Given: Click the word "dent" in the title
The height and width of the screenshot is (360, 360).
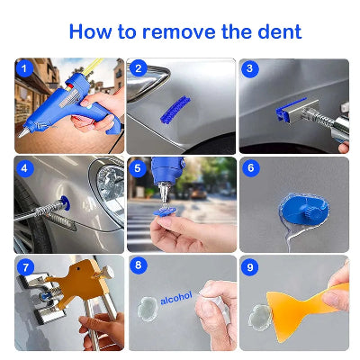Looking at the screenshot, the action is coord(280,31).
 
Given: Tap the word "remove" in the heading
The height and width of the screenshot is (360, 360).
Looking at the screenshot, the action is coord(179,31).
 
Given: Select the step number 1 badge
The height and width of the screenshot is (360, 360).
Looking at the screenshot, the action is coord(24,68).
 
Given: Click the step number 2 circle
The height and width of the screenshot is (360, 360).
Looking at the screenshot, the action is coord(138,68).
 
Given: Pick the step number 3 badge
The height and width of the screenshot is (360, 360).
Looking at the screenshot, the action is coord(250,68).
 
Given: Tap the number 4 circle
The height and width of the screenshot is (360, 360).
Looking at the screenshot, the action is coord(24,168).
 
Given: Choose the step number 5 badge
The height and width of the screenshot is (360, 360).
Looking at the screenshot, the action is coord(138,168).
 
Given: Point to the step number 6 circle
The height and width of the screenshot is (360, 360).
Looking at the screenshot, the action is coord(251,168).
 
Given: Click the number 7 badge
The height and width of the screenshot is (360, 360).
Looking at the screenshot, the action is coord(25,267).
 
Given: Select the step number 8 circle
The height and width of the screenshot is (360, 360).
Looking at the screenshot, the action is coord(139,265).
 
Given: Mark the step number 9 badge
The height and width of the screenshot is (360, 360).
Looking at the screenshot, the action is coord(250,266).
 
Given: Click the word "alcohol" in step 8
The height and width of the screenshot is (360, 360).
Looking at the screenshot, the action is coord(176,298).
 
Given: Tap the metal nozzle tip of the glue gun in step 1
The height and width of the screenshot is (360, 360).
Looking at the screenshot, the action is coord(23,133).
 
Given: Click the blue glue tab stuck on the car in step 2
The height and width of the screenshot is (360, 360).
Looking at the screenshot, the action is coord(175,110).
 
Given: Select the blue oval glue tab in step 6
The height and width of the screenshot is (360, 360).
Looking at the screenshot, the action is coord(302,208).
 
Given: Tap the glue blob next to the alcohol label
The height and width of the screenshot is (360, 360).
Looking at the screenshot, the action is coord(148,309).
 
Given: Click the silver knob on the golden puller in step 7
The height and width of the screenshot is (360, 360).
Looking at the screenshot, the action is coord(108,273).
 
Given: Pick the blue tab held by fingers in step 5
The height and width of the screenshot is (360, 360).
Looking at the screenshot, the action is coord(163,211).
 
